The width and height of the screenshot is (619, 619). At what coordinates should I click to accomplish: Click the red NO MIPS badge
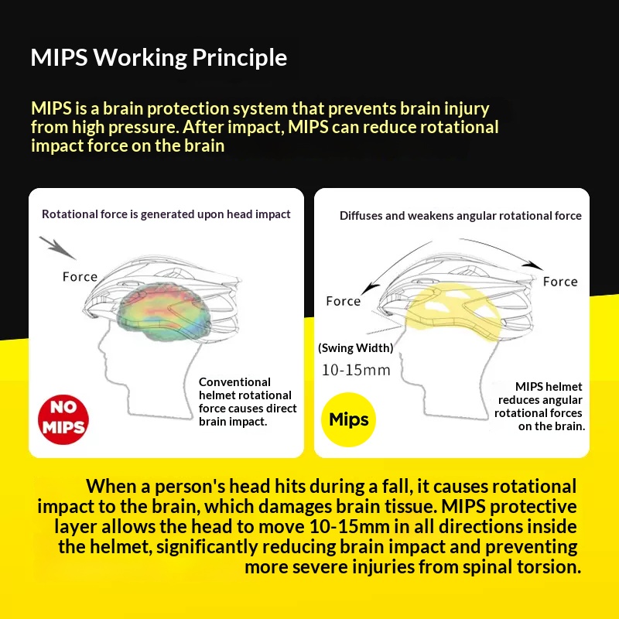coord(63,419)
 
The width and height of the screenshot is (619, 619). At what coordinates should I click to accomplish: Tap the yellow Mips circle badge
coord(349,419)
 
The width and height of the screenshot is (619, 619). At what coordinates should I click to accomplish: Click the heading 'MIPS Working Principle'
coord(159,57)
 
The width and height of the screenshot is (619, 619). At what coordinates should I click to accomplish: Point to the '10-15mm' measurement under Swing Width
coord(356,371)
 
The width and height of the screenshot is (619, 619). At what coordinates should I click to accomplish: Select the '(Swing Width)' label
coord(356,347)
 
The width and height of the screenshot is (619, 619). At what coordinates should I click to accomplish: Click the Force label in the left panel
coord(80,277)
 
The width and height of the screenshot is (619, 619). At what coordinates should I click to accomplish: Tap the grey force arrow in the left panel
coord(57,248)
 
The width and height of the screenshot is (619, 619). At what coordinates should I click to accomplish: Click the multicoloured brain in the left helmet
coord(164,311)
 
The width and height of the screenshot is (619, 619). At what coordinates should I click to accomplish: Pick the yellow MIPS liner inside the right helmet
coord(454,311)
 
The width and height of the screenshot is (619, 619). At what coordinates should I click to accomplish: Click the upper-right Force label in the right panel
coord(560,282)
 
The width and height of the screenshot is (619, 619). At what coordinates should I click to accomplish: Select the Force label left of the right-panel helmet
coord(344,301)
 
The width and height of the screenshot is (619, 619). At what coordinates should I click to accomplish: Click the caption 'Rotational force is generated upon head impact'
coord(166,214)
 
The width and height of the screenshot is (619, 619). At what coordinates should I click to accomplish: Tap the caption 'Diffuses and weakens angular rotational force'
coord(460,216)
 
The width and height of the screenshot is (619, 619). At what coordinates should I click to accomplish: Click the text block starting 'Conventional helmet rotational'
coord(248,402)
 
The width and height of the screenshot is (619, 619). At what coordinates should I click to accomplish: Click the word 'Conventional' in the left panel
coord(234,382)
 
